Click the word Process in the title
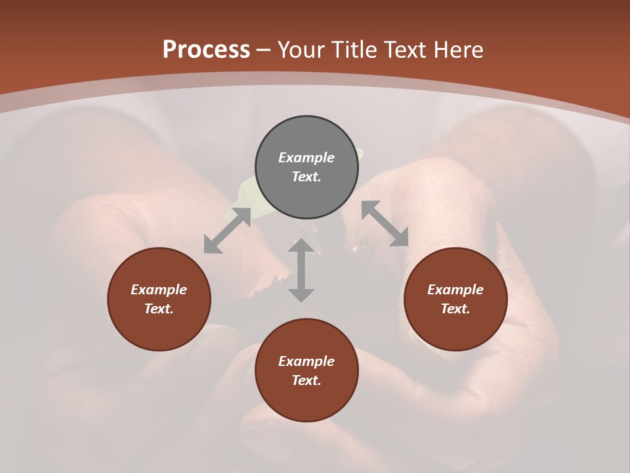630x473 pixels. click(x=206, y=50)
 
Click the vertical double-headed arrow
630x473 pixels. click(x=301, y=270)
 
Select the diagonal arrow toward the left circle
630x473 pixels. click(x=227, y=231)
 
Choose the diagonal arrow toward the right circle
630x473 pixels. click(x=385, y=223)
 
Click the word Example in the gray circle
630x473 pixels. click(x=306, y=158)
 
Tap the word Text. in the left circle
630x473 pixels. click(x=159, y=309)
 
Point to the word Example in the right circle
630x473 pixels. click(x=455, y=290)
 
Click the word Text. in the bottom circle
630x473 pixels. click(x=306, y=381)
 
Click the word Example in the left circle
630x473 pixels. click(x=159, y=290)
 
